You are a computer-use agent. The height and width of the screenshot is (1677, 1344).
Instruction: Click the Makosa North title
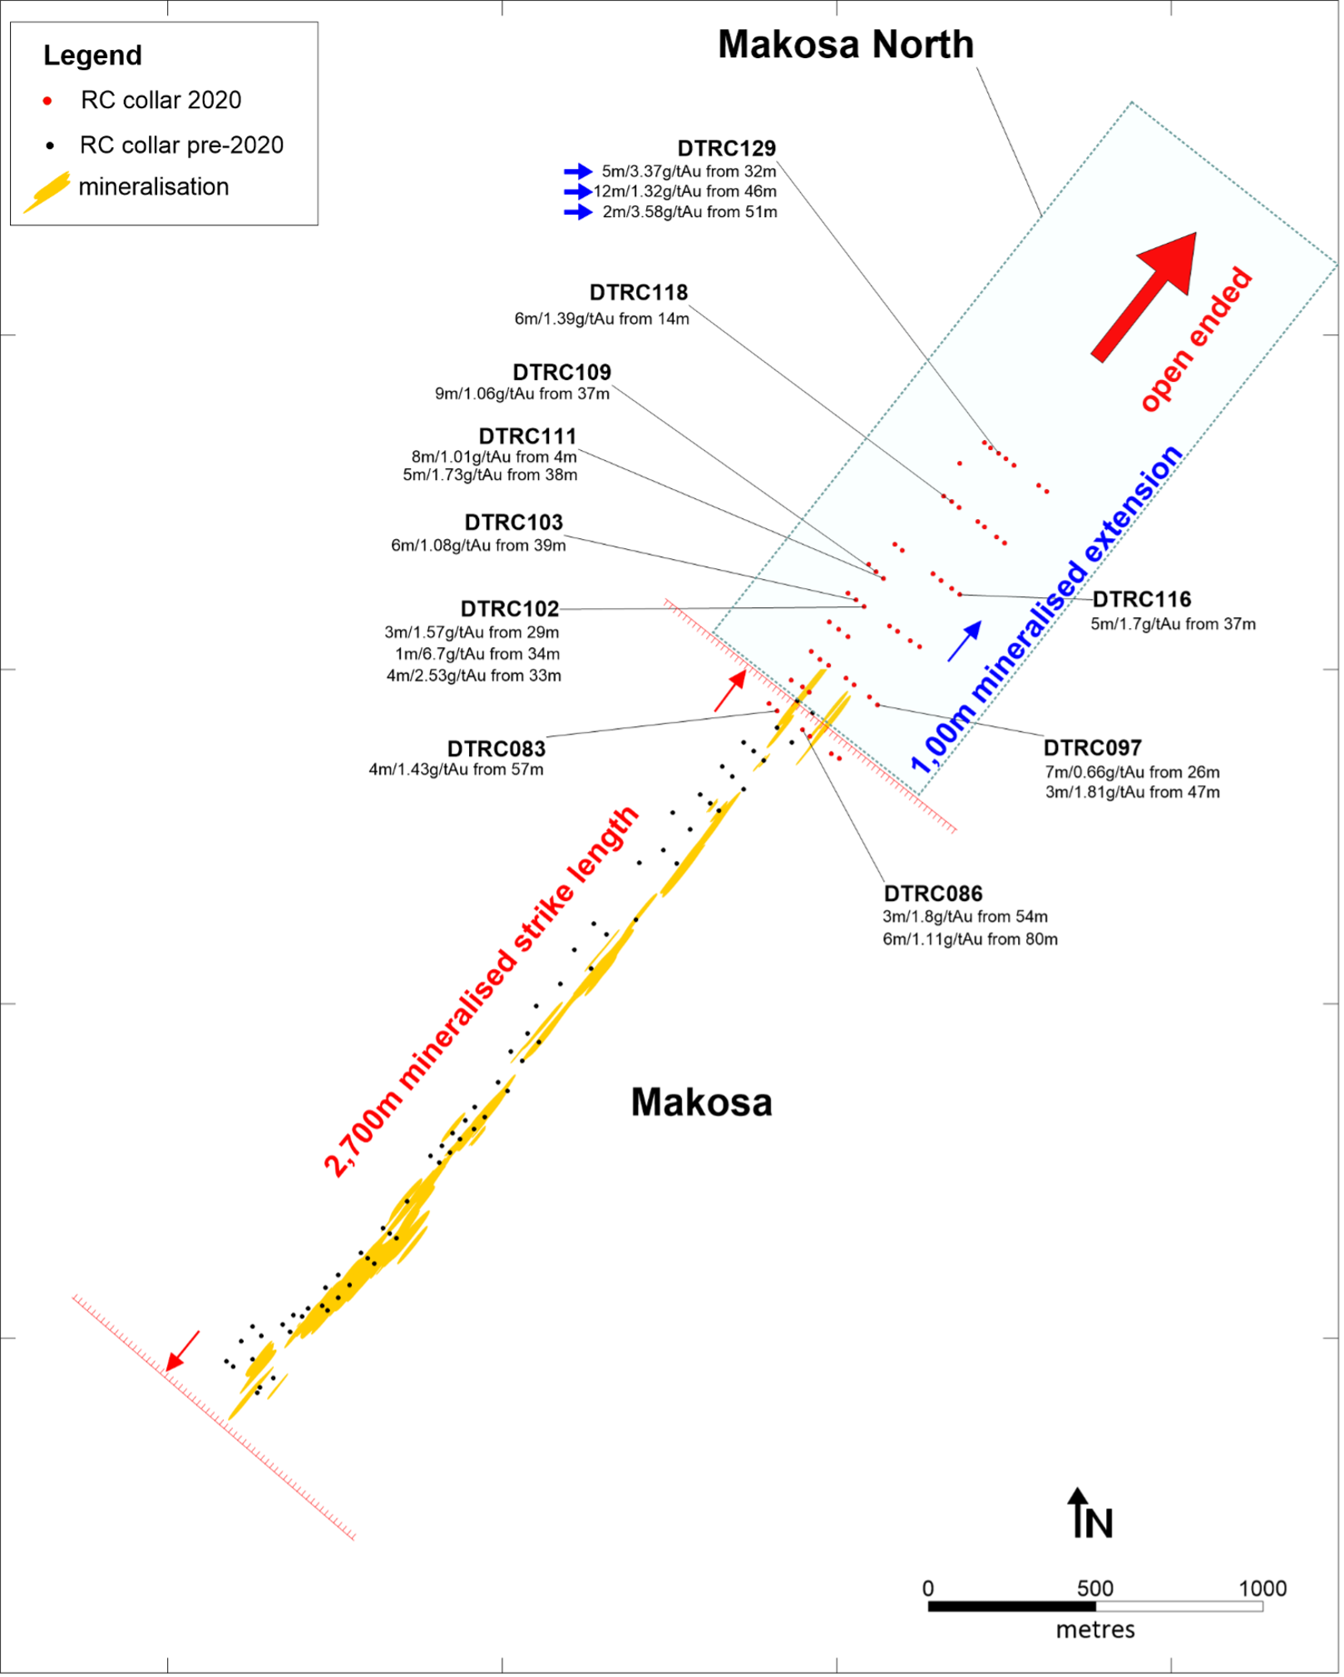[x=846, y=44]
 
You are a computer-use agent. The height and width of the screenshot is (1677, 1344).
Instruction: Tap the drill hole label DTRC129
[x=726, y=148]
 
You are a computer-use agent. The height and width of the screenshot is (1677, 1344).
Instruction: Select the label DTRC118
[x=639, y=293]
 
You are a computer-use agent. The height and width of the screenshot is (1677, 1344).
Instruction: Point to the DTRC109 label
[x=561, y=372]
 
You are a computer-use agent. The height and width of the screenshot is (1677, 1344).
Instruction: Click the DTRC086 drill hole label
[x=933, y=893]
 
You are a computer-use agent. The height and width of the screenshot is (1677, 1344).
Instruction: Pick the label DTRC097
[x=1093, y=748]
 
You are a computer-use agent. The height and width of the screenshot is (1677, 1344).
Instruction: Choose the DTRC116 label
[x=1142, y=599]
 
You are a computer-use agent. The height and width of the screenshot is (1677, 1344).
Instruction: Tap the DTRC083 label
[x=497, y=749]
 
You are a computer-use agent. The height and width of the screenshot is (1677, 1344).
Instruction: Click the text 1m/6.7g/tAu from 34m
[x=477, y=654]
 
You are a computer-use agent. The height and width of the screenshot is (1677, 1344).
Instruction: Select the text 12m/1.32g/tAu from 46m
[x=685, y=191]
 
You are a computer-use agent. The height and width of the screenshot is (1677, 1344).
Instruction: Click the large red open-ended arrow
[x=1144, y=297]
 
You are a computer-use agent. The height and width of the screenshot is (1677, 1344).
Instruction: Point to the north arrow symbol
[x=1079, y=1512]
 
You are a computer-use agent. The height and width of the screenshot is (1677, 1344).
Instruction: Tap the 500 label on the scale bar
[x=1095, y=1588]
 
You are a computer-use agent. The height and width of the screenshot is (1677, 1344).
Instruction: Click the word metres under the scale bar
[x=1095, y=1630]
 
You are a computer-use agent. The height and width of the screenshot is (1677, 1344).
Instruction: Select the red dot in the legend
[x=47, y=101]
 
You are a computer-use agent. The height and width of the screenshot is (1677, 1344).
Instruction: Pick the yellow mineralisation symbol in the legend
[x=47, y=192]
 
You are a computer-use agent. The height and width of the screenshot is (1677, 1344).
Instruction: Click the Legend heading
[x=92, y=56]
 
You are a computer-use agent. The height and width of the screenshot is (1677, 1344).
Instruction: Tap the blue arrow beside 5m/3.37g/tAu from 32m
[x=578, y=171]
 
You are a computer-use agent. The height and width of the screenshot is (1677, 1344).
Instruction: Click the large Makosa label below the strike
[x=702, y=1103]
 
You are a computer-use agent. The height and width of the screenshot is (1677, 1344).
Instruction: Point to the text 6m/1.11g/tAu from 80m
[x=971, y=939]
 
